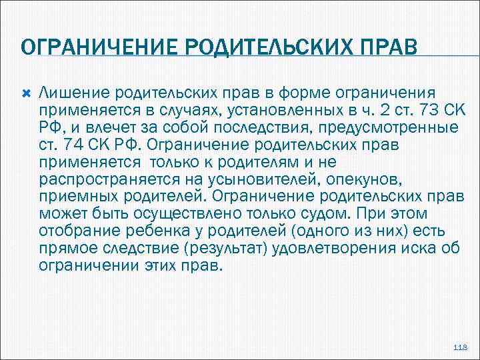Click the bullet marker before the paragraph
27,91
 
